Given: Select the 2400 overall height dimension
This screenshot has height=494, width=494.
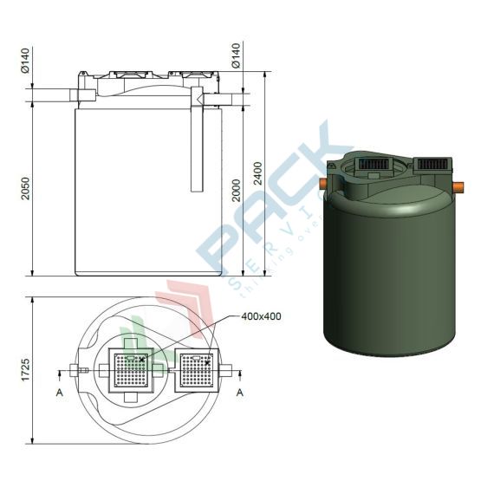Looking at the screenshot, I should click(x=257, y=179).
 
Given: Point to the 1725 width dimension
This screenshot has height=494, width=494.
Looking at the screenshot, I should click(x=24, y=370).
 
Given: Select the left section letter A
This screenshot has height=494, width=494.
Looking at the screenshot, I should click(x=59, y=393).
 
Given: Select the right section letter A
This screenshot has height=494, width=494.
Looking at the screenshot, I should click(x=240, y=393).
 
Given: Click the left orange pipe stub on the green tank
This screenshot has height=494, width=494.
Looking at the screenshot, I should click(x=324, y=184).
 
